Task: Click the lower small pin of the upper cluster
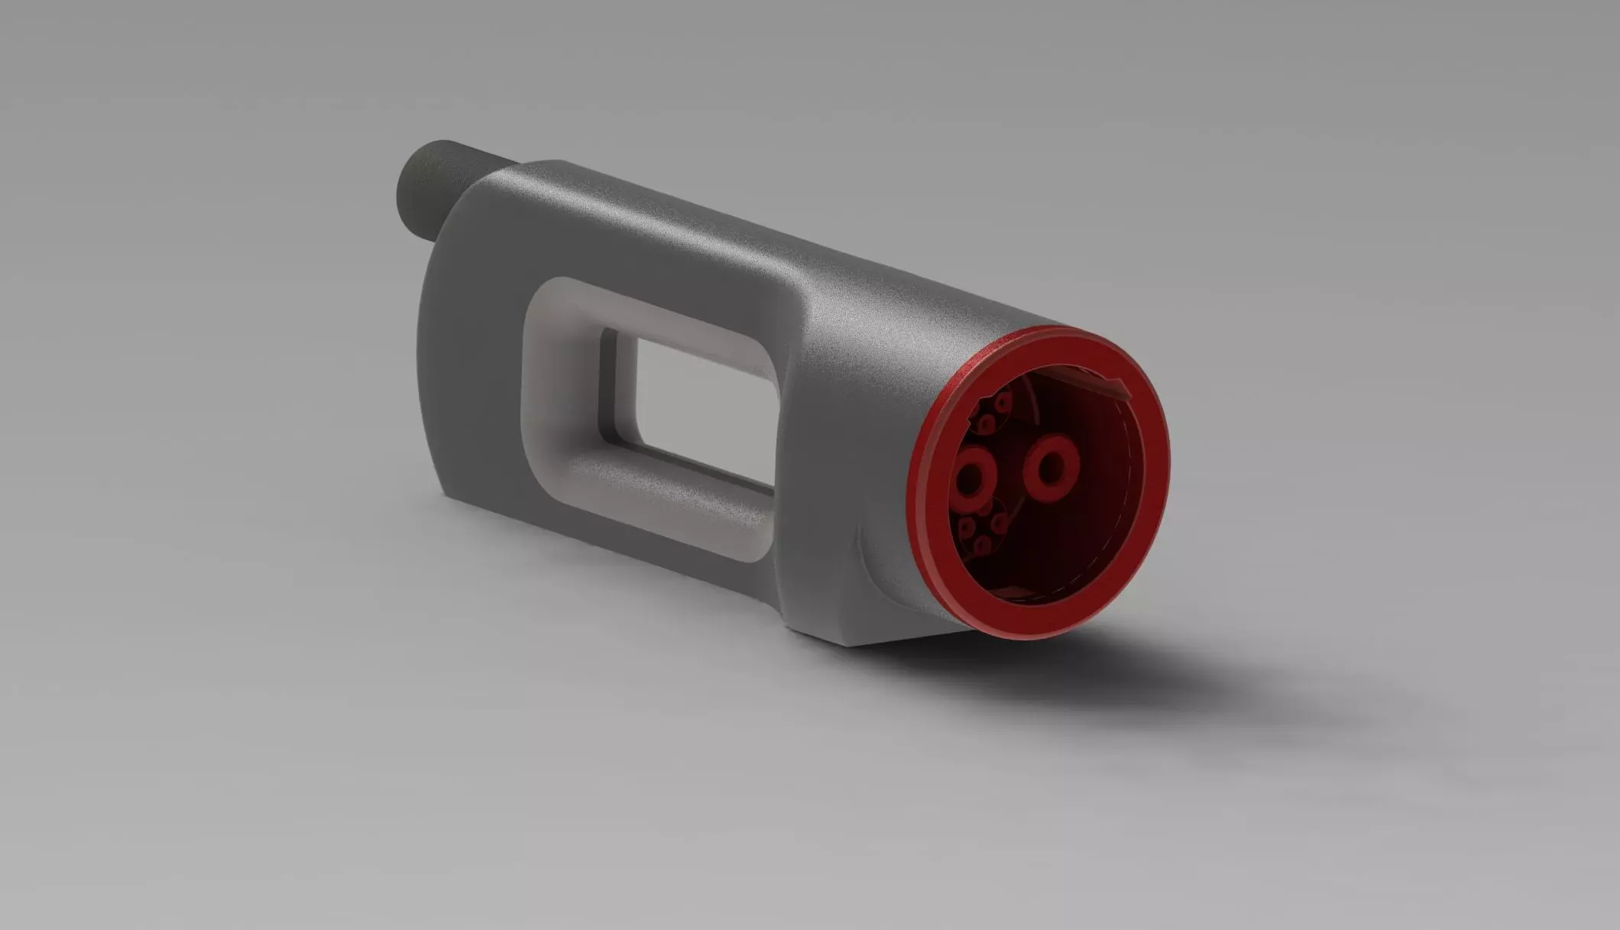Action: (x=986, y=423)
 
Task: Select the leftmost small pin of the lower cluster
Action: (x=965, y=527)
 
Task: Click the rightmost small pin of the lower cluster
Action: (x=999, y=522)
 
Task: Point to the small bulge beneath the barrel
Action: (x=879, y=558)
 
